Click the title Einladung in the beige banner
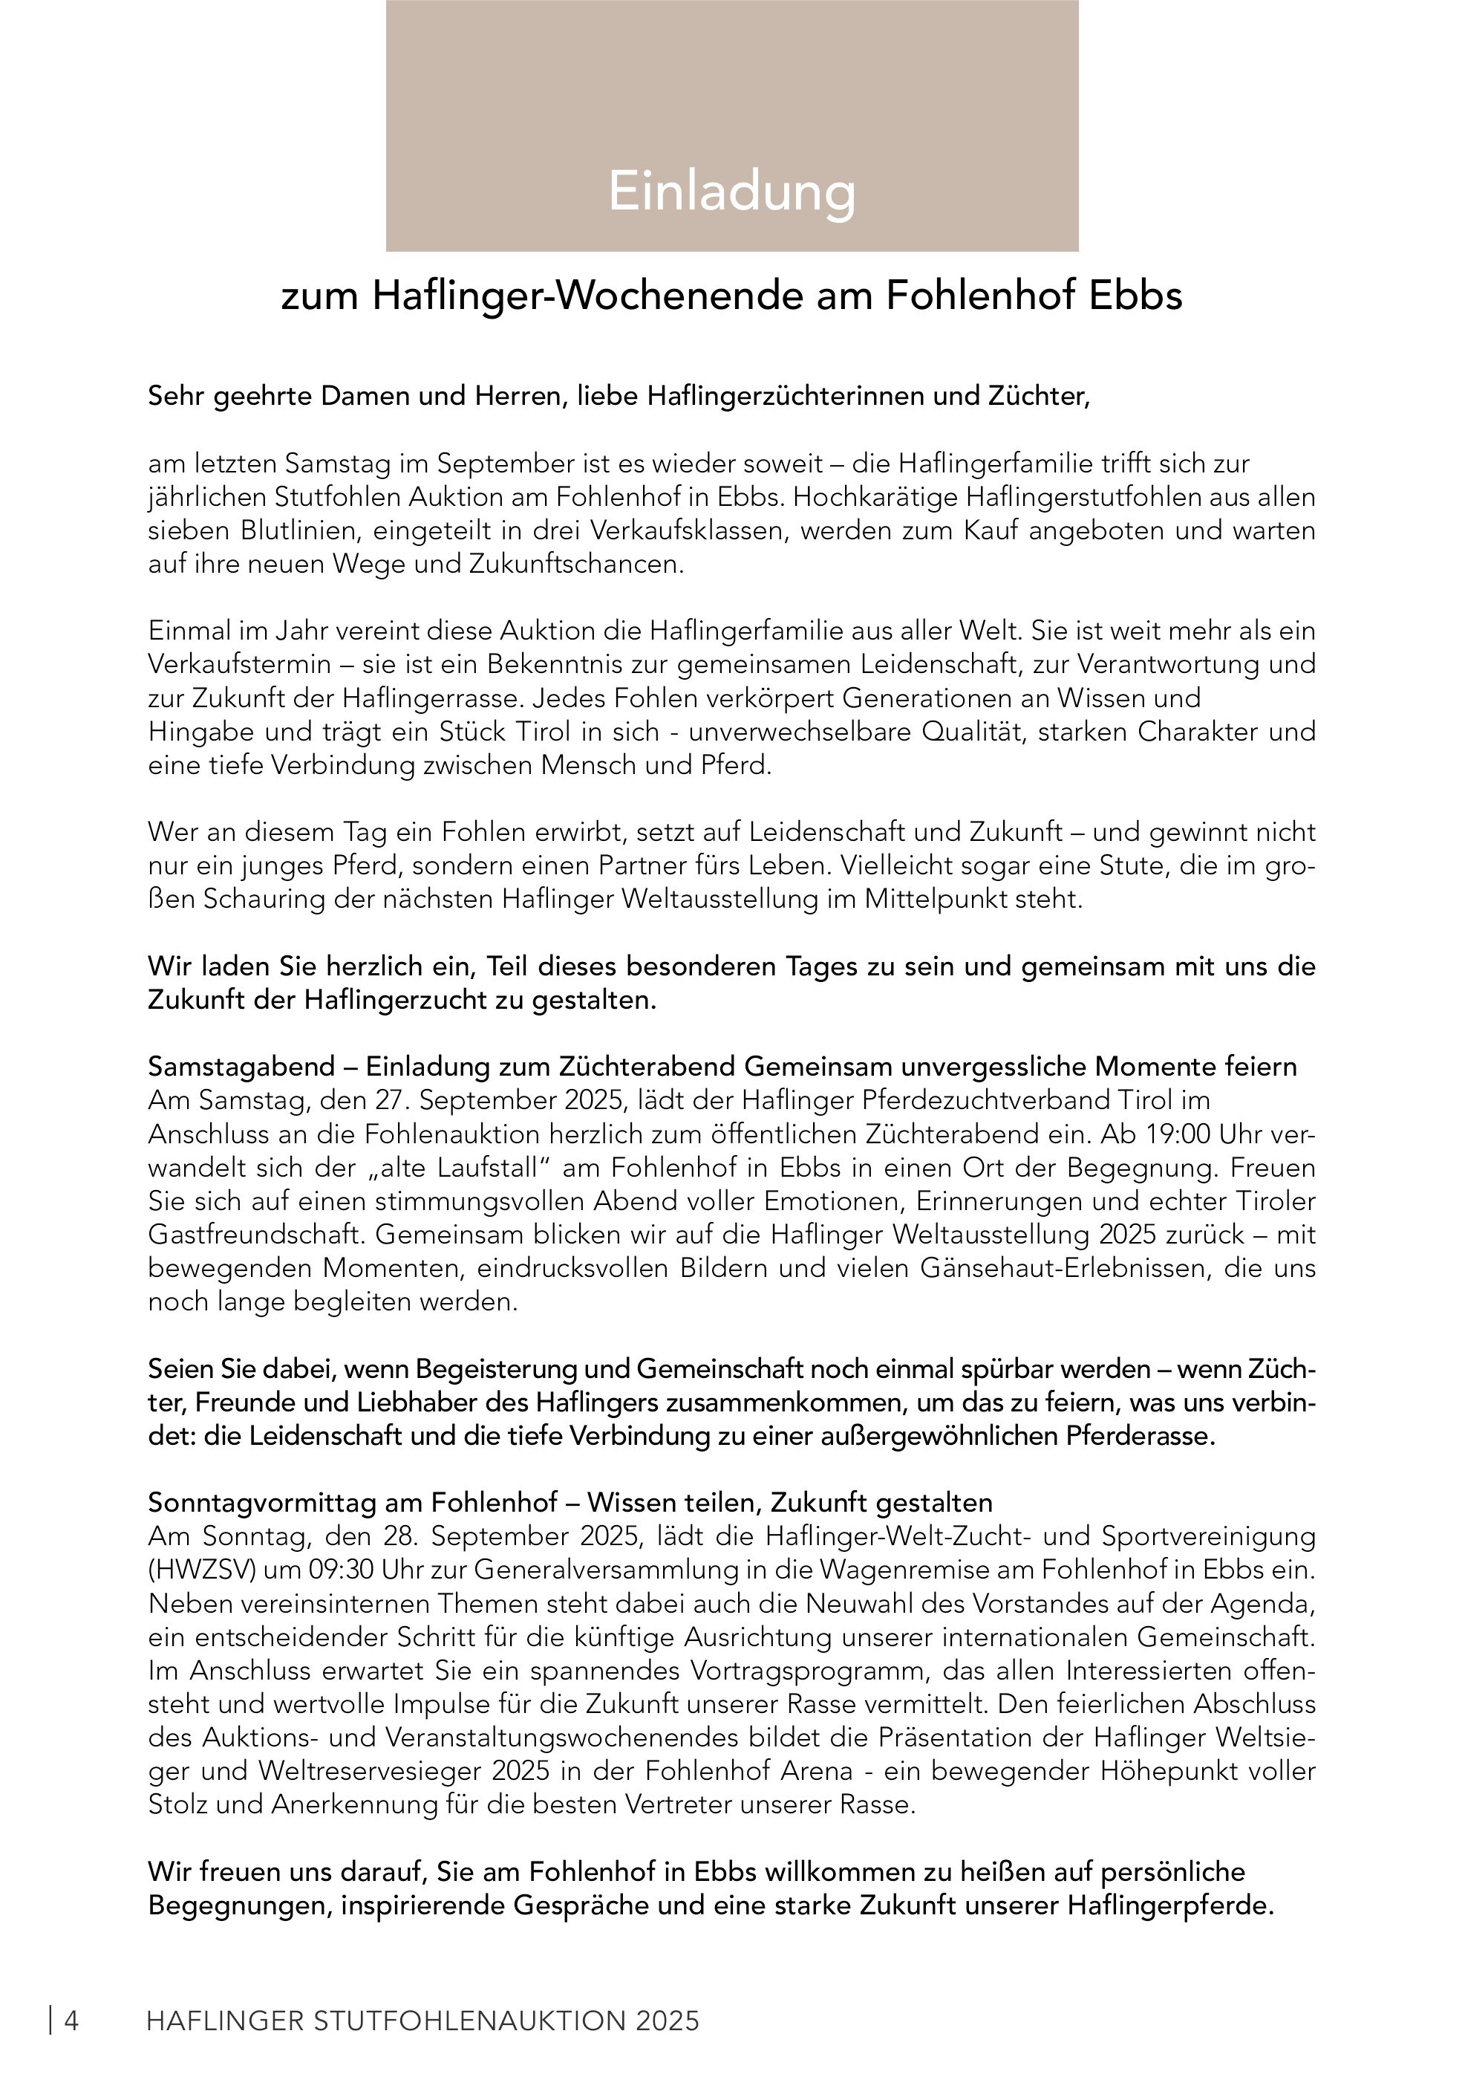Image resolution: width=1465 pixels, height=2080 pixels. click(x=731, y=190)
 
